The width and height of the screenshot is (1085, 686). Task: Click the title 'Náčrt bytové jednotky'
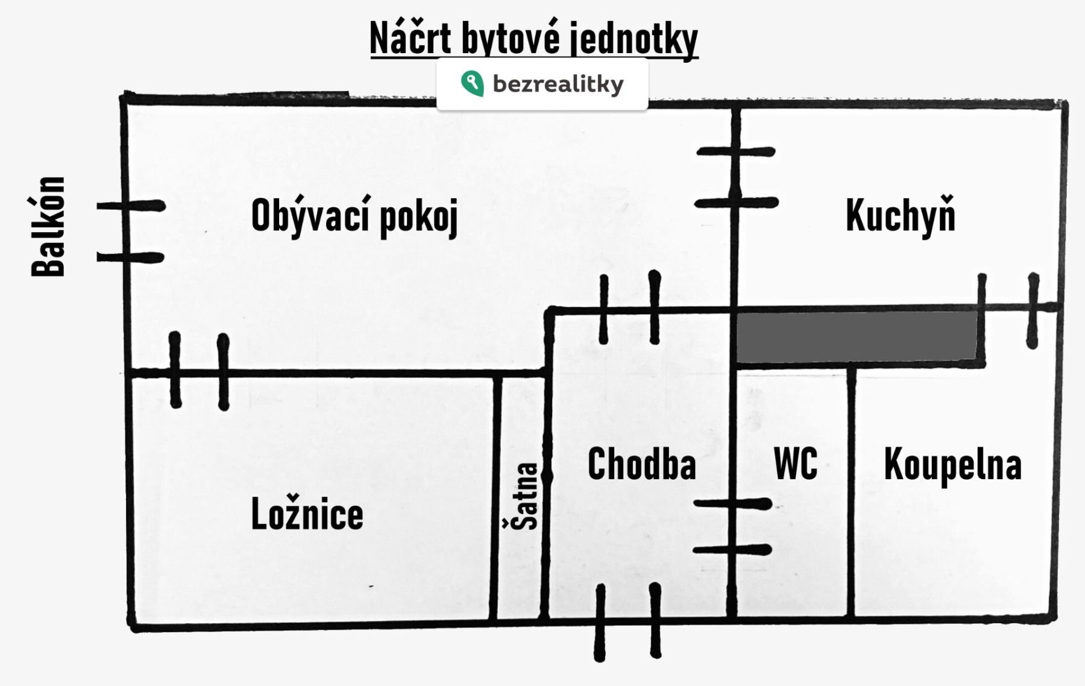coord(534,39)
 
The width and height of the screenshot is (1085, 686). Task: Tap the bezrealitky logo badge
coord(542,84)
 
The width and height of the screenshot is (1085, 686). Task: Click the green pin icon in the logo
coord(472,84)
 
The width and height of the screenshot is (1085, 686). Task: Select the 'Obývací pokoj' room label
coord(354,216)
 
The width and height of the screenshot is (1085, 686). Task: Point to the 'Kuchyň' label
coord(901,216)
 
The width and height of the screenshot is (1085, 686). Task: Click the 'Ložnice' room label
coord(307,514)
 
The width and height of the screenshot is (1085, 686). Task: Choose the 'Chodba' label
coord(641,464)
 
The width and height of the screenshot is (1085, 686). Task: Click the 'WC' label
coord(796,464)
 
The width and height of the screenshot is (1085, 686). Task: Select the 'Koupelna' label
coord(952,464)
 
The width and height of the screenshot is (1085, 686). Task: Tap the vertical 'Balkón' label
coord(48,227)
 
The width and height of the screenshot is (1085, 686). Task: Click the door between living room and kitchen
coord(735,177)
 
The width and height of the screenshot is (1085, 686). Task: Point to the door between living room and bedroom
coord(199,373)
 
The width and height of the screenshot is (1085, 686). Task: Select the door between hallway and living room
coord(629,310)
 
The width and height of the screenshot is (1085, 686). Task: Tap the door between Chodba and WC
coord(732,527)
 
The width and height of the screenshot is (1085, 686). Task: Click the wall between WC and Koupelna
coord(851,491)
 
